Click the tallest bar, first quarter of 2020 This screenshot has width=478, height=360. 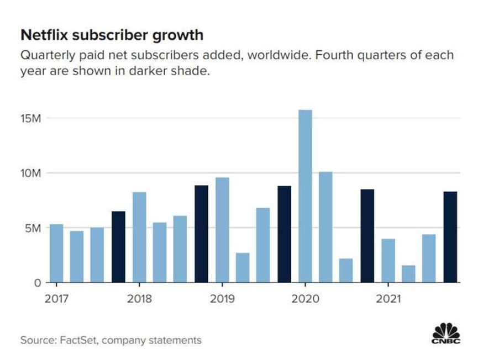click(305, 196)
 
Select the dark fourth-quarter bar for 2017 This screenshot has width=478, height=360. click(118, 247)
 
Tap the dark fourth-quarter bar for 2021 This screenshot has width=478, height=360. click(450, 237)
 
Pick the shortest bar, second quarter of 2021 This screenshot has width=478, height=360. click(409, 274)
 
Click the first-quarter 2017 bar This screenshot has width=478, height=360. click(56, 253)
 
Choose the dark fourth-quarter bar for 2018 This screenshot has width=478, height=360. click(201, 234)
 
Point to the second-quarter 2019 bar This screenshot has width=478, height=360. click(243, 268)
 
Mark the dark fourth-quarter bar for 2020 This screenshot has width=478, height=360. click(367, 236)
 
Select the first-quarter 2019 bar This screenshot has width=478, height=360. click(222, 230)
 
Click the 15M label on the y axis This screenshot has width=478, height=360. click(31, 118)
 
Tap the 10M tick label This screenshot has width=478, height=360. click(31, 173)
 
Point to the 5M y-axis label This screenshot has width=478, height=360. click(34, 228)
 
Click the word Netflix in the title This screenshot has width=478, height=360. click(41, 36)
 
